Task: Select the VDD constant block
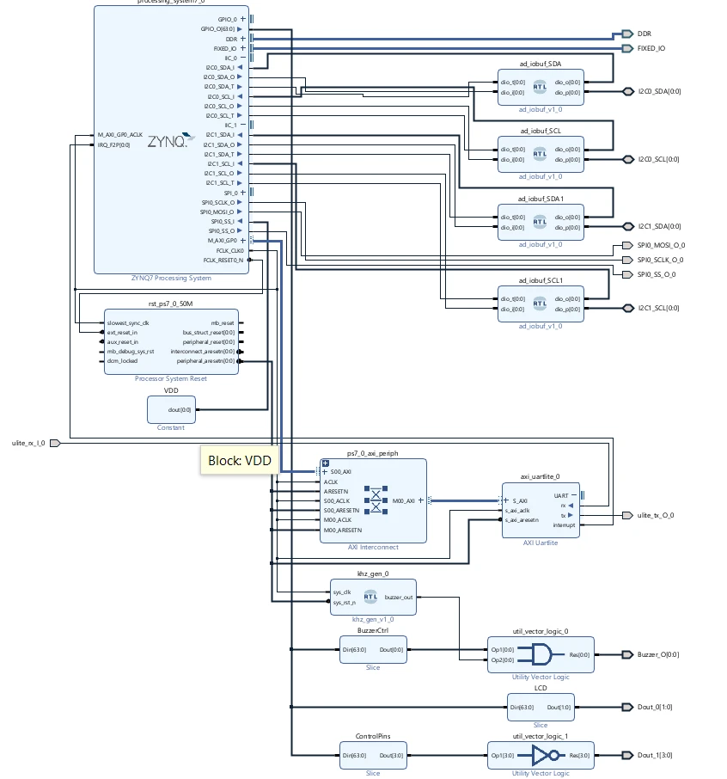(x=170, y=409)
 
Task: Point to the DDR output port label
(x=644, y=34)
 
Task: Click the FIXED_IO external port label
(x=651, y=48)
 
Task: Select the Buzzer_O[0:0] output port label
(x=658, y=654)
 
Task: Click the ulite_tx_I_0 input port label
(x=28, y=443)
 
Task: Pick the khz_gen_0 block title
(x=373, y=573)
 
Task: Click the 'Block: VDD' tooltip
(x=239, y=460)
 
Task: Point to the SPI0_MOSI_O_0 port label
(x=661, y=246)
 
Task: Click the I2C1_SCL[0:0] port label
(x=658, y=308)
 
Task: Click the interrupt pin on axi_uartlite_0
(x=564, y=524)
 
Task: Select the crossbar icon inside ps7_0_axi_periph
(x=376, y=500)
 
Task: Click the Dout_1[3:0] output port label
(x=654, y=755)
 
